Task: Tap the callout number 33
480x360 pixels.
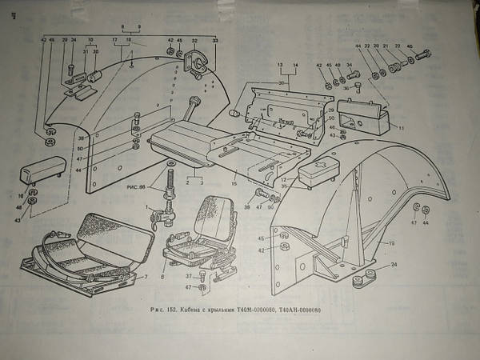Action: [x=214, y=39]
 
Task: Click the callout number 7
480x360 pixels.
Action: [x=146, y=277]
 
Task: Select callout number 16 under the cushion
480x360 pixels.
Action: [x=22, y=196]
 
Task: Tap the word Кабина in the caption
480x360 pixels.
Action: [x=197, y=309]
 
